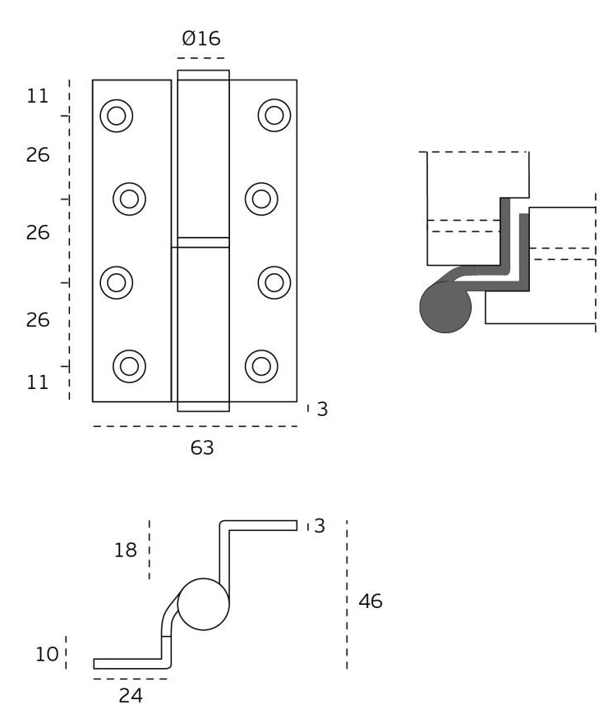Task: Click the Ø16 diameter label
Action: click(x=200, y=38)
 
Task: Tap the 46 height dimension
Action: click(x=371, y=602)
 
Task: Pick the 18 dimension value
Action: click(x=125, y=550)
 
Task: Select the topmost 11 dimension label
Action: click(x=38, y=96)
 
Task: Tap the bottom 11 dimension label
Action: click(x=38, y=382)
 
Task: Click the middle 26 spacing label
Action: click(x=38, y=233)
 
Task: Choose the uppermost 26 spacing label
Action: click(x=38, y=155)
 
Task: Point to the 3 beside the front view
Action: click(x=322, y=409)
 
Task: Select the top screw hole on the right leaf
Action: click(x=274, y=115)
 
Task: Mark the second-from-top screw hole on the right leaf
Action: click(x=260, y=198)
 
